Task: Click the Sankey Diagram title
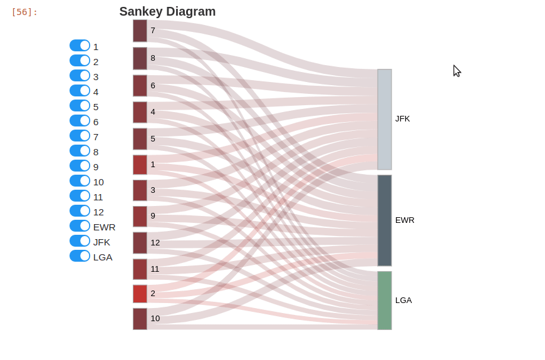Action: click(167, 11)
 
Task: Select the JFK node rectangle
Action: click(384, 119)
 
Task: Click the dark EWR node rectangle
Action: click(384, 220)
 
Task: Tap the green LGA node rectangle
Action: click(384, 300)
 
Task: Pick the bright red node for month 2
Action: click(140, 294)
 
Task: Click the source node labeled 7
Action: click(140, 31)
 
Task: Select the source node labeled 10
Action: click(140, 319)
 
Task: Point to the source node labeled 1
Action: click(140, 165)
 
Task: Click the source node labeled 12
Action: click(140, 243)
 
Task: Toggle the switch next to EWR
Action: click(80, 226)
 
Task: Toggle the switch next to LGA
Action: click(80, 256)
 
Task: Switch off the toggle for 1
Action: click(80, 46)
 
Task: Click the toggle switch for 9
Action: click(80, 166)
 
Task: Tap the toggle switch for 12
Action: click(80, 211)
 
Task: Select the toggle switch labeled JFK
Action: click(80, 241)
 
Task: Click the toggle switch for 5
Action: click(80, 106)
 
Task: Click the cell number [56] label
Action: click(24, 12)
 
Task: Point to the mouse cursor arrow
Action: click(457, 71)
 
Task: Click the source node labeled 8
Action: click(140, 58)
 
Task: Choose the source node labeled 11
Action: click(140, 269)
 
